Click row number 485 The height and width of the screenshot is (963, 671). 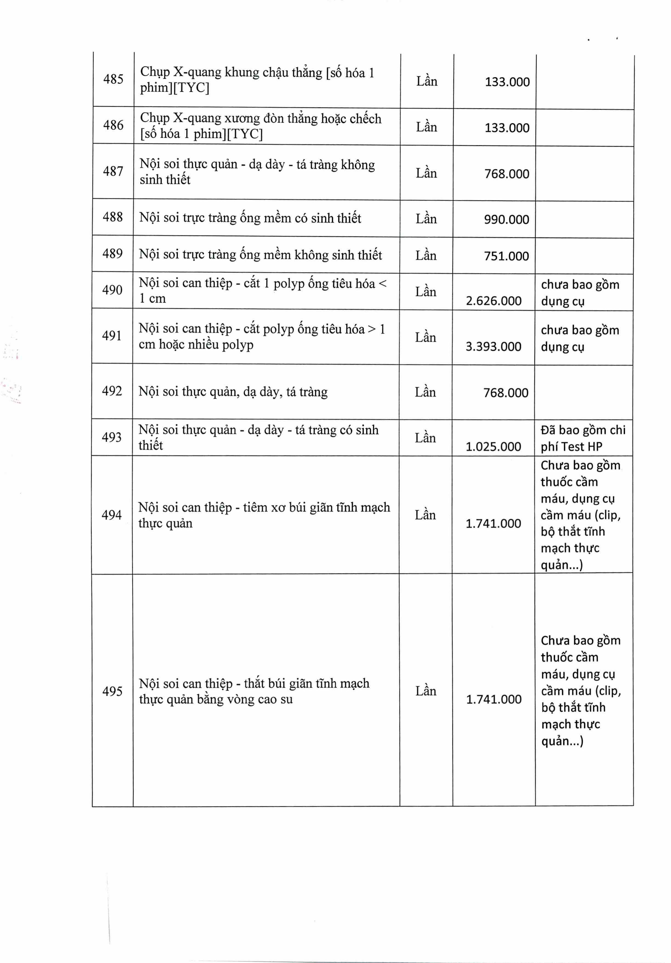point(113,79)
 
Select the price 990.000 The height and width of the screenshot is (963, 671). point(506,219)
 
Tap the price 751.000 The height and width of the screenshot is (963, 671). point(506,256)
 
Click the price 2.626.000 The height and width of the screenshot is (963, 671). point(494,301)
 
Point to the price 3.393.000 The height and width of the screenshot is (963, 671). point(493,346)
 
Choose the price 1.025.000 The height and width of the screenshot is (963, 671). point(493,447)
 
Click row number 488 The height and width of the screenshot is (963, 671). point(113,217)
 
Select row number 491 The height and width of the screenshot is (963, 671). point(112,336)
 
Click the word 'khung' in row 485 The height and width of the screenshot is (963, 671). point(242,72)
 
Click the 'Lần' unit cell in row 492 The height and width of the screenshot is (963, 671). point(425,392)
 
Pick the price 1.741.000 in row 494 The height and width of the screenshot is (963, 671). point(493,523)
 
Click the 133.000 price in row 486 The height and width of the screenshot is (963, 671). point(507,128)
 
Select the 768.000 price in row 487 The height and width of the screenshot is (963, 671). point(507,174)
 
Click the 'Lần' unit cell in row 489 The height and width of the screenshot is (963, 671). point(426,256)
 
